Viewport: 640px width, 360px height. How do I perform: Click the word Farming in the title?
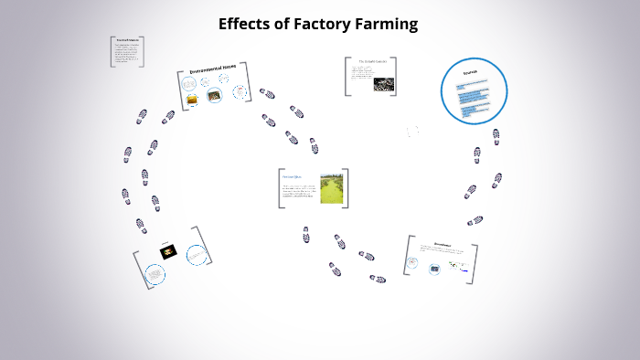point(381,25)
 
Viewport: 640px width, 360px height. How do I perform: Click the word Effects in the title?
point(243,25)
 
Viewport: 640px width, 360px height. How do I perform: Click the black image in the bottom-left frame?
point(168,251)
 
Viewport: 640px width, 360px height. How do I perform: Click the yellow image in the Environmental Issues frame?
point(192,99)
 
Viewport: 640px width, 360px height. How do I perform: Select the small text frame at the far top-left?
point(127,51)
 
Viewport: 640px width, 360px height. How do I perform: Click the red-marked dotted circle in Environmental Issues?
point(240,91)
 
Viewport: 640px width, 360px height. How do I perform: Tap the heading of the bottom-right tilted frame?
point(443,244)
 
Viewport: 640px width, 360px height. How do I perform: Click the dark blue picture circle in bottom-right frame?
point(434,268)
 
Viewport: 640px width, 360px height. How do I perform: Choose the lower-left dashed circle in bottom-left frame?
point(155,273)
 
